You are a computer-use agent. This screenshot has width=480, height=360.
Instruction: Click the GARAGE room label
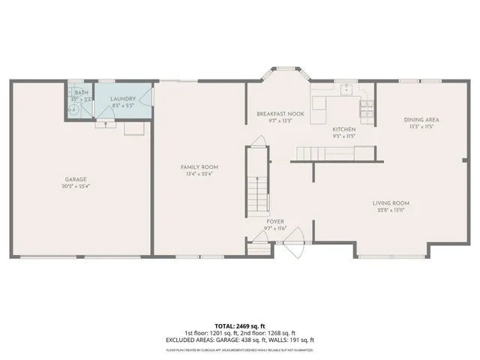tap(76, 179)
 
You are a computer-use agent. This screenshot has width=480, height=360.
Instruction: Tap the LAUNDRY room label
tap(122, 99)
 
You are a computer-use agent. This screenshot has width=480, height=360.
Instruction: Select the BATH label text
tap(81, 92)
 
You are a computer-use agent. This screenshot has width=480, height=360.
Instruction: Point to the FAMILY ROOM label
tap(199, 166)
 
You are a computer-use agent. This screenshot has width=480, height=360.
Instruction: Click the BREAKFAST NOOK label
tap(280, 114)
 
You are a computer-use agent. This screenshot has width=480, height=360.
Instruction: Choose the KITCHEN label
tap(344, 129)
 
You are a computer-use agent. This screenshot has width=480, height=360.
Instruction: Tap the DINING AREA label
tap(421, 119)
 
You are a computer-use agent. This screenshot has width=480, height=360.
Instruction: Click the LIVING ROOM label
tap(391, 202)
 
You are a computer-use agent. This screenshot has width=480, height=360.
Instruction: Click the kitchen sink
tap(346, 89)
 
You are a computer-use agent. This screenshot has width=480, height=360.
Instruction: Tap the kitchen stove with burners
tap(367, 110)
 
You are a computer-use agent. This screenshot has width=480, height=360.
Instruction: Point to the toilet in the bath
tap(73, 107)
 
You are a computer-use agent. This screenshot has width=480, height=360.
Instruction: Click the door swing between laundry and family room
tap(148, 97)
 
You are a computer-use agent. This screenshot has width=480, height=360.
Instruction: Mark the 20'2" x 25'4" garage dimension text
tap(76, 187)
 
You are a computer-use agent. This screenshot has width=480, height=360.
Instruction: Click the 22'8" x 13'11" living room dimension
tap(391, 210)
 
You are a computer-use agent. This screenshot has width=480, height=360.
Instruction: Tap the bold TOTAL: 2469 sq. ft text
tap(240, 326)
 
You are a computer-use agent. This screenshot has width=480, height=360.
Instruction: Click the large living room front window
tap(379, 256)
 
